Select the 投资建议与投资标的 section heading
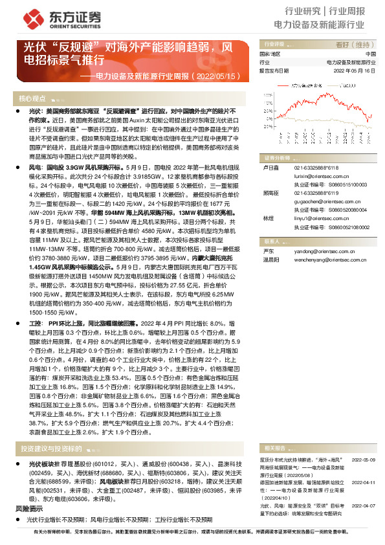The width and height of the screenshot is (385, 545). point(50,430)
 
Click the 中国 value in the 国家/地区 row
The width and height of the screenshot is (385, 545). point(371,54)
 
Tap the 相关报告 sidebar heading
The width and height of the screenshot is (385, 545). point(271,430)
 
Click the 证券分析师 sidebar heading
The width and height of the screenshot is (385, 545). point(274,157)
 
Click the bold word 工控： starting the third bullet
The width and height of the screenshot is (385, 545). point(36,322)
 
